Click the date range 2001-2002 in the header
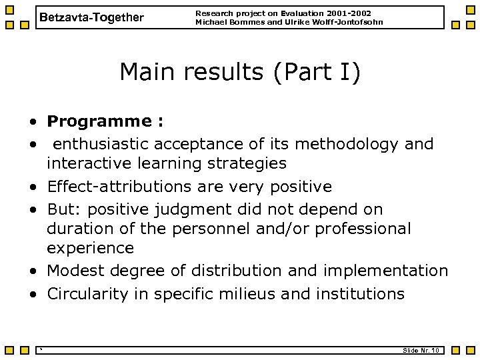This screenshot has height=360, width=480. [349, 13]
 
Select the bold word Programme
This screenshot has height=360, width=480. [98, 121]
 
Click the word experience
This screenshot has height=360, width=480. [90, 248]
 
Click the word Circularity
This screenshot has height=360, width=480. [83, 293]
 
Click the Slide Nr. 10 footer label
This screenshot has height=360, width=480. [420, 351]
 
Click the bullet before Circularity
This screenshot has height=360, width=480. [32, 294]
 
